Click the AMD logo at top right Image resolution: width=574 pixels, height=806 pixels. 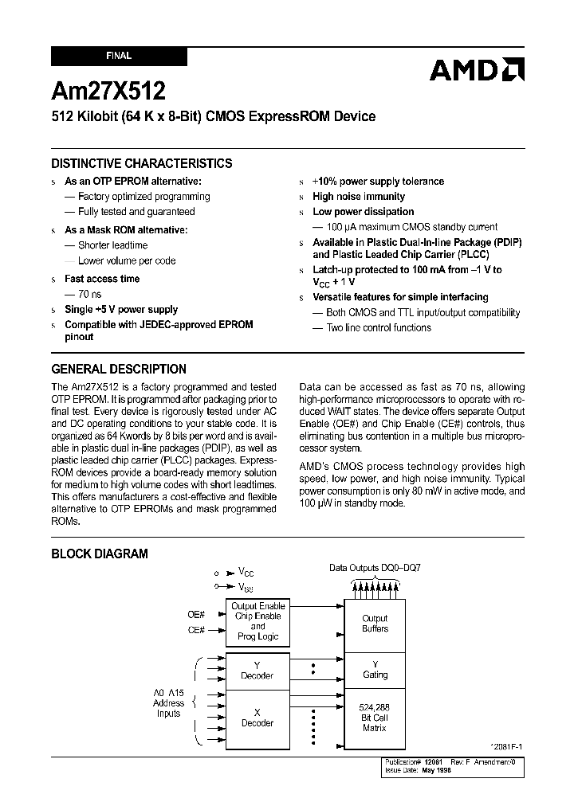click(x=477, y=70)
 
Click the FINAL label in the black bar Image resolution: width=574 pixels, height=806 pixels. click(x=119, y=57)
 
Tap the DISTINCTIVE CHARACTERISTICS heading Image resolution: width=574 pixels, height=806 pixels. click(x=142, y=163)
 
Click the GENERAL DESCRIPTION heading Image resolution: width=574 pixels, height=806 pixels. click(x=119, y=370)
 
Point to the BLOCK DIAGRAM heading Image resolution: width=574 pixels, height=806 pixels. click(x=100, y=554)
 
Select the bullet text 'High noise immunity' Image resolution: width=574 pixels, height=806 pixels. click(x=359, y=197)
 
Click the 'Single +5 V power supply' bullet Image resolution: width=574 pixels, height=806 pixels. click(x=121, y=310)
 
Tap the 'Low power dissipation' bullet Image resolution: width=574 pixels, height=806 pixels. click(x=364, y=212)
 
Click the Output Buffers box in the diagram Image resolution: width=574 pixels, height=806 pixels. click(x=375, y=624)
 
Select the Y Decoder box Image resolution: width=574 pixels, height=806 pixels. click(x=257, y=671)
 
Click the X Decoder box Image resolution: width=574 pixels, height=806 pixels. click(x=257, y=718)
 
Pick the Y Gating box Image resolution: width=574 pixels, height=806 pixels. click(x=375, y=670)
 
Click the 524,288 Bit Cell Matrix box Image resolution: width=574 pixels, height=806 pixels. click(x=375, y=717)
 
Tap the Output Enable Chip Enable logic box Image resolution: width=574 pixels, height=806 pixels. click(x=257, y=622)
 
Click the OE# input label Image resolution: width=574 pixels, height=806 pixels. click(x=196, y=614)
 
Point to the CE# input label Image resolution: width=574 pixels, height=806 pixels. click(x=196, y=630)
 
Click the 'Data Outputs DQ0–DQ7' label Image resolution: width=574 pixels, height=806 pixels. click(x=375, y=568)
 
